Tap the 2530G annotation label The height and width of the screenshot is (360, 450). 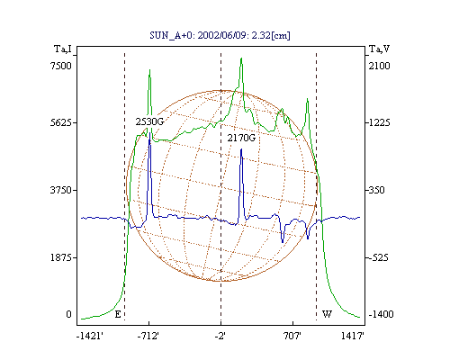coord(149,121)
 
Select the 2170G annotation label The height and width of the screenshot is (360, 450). coord(241,138)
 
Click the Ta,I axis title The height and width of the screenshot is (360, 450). coord(63,49)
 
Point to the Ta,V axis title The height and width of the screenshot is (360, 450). coord(379,49)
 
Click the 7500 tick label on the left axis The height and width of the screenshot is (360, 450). coord(61,66)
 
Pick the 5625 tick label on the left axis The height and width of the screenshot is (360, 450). coord(61,122)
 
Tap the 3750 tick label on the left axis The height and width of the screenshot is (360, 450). coord(61,190)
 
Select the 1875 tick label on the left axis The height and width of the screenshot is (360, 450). coord(61,257)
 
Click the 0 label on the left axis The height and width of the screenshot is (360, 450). coord(68,314)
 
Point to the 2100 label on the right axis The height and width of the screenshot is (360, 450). coord(379,66)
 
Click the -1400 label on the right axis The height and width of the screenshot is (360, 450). coord(381,314)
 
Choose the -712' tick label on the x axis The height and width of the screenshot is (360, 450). coord(148,336)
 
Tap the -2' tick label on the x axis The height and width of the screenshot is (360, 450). coord(220,336)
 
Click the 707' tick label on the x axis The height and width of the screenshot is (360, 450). coord(292,336)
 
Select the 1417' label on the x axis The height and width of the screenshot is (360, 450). coord(353,336)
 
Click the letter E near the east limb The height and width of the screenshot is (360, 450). coord(118,314)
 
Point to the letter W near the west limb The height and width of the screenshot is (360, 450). coord(327,314)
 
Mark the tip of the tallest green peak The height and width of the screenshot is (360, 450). coord(241,58)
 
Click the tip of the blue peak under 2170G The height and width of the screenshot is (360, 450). coord(241,148)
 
